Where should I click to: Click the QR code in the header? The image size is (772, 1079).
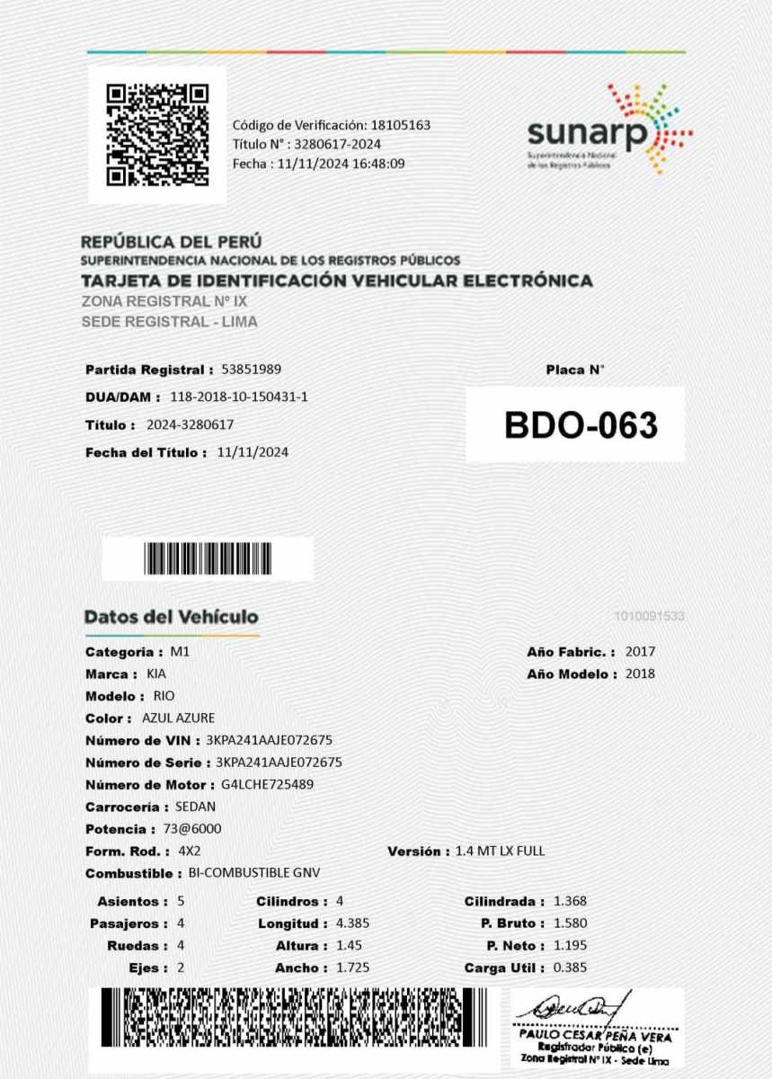point(157,134)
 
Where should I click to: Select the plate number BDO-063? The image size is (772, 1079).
point(581,425)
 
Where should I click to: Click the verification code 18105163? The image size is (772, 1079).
point(400,125)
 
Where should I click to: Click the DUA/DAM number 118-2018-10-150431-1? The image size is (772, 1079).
point(239,397)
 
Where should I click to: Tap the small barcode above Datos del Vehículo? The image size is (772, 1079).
point(208,559)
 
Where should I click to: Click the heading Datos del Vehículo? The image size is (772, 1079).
point(171,617)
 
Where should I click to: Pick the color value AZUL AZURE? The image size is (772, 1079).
point(178,718)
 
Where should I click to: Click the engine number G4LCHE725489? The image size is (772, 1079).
point(267,784)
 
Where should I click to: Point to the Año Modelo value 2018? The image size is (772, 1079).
point(640,673)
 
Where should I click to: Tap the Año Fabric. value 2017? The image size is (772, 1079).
point(640,652)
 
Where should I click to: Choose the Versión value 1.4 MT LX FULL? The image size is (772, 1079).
point(500,851)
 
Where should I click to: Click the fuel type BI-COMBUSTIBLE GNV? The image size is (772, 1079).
point(254,873)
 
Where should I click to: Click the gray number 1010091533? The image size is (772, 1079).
point(650,616)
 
